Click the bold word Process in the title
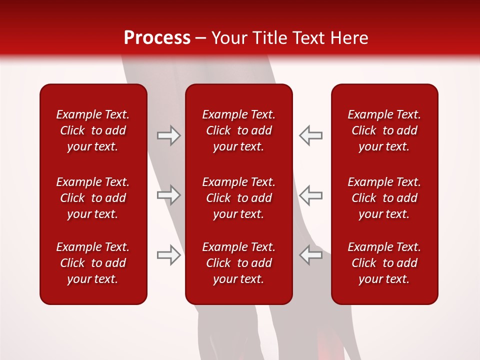pos(157,38)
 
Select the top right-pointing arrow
pos(169,135)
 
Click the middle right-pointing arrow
pos(169,195)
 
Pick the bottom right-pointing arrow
pos(169,255)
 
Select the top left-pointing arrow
pos(310,135)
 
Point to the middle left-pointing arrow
pos(310,195)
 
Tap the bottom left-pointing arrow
pos(310,255)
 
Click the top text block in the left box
pos(93,130)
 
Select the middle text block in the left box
pos(93,198)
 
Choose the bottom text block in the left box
pos(93,263)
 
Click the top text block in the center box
pos(238,130)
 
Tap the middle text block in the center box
pos(238,198)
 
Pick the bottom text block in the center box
pos(238,263)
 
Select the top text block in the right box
pos(384,130)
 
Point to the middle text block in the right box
pos(384,198)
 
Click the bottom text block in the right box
pos(384,263)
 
